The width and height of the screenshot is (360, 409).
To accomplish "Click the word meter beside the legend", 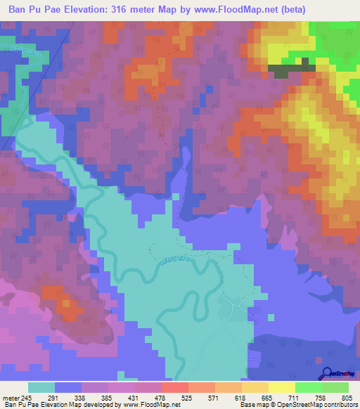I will (x=11, y=397).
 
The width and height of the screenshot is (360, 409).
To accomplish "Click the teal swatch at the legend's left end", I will (x=41, y=387).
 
